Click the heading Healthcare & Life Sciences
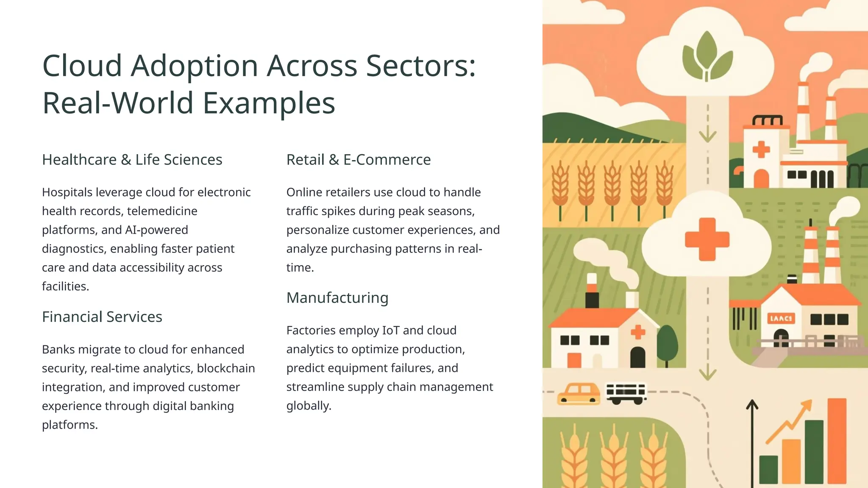click(x=132, y=160)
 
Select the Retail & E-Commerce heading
click(x=358, y=160)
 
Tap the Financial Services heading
click(x=102, y=317)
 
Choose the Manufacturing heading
click(x=337, y=298)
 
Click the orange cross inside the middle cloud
click(x=707, y=239)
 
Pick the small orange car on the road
click(x=579, y=394)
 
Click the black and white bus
click(x=626, y=393)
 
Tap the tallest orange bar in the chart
click(x=837, y=441)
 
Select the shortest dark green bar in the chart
click(x=768, y=469)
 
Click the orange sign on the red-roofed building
click(x=781, y=319)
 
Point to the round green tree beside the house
click(x=667, y=343)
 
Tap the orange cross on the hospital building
click(x=761, y=149)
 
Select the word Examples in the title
click(x=269, y=103)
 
